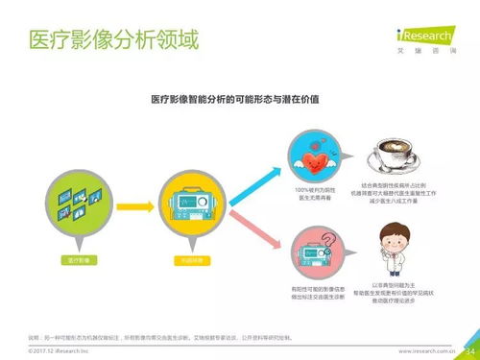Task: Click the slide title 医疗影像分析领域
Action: [x=112, y=41]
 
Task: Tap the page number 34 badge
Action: [x=468, y=350]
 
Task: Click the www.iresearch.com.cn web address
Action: [x=427, y=351]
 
